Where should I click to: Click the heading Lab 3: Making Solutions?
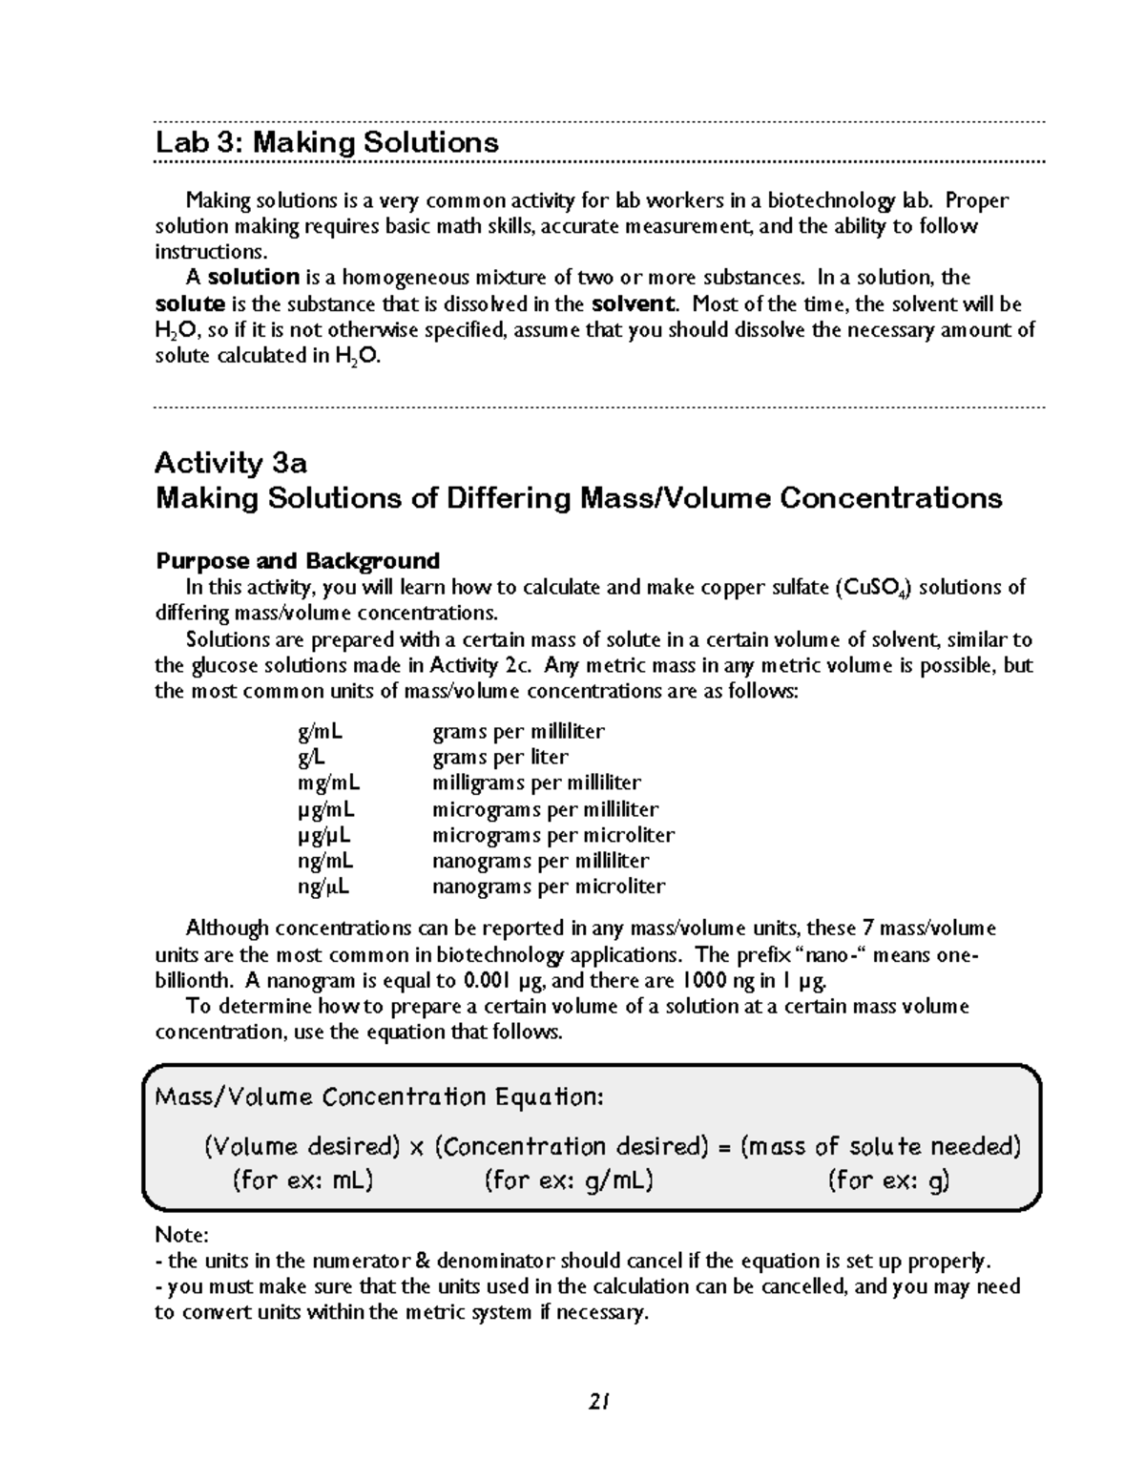click(x=326, y=143)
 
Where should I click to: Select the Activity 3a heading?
click(x=231, y=463)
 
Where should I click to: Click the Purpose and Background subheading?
click(x=297, y=560)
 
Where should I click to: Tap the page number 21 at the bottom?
click(x=599, y=1402)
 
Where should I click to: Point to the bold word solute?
click(x=190, y=304)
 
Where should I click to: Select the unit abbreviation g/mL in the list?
click(x=321, y=732)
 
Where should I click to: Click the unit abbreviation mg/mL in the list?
click(x=329, y=783)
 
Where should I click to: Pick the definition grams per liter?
click(x=500, y=758)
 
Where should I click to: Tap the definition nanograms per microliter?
click(x=549, y=887)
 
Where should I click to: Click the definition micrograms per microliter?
click(x=553, y=835)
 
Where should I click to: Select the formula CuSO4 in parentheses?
click(x=873, y=588)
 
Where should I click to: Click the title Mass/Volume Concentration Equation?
click(x=379, y=1096)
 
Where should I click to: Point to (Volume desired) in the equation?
click(x=302, y=1146)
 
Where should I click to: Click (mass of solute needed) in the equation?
click(x=880, y=1146)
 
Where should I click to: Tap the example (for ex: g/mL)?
click(x=569, y=1181)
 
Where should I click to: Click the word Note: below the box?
click(x=181, y=1235)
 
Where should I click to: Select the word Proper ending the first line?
click(x=977, y=200)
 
